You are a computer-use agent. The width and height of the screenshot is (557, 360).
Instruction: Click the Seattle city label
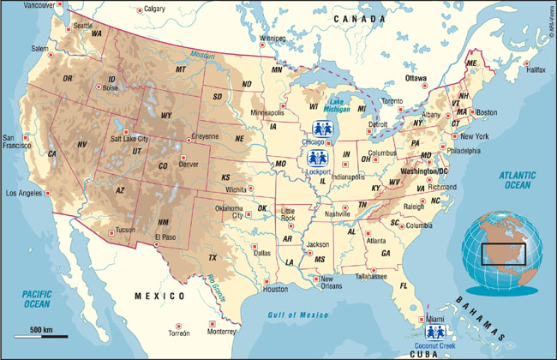click(x=83, y=26)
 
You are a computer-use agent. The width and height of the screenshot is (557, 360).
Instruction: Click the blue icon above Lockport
click(x=317, y=159)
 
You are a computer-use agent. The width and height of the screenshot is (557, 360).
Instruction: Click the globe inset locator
click(x=502, y=253)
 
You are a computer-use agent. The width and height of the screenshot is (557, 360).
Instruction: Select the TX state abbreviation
click(x=213, y=257)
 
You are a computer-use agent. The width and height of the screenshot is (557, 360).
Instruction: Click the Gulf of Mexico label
click(x=293, y=315)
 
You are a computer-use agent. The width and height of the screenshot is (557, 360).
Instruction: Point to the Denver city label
click(x=189, y=164)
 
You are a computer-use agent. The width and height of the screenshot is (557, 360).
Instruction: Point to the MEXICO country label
click(x=159, y=296)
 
